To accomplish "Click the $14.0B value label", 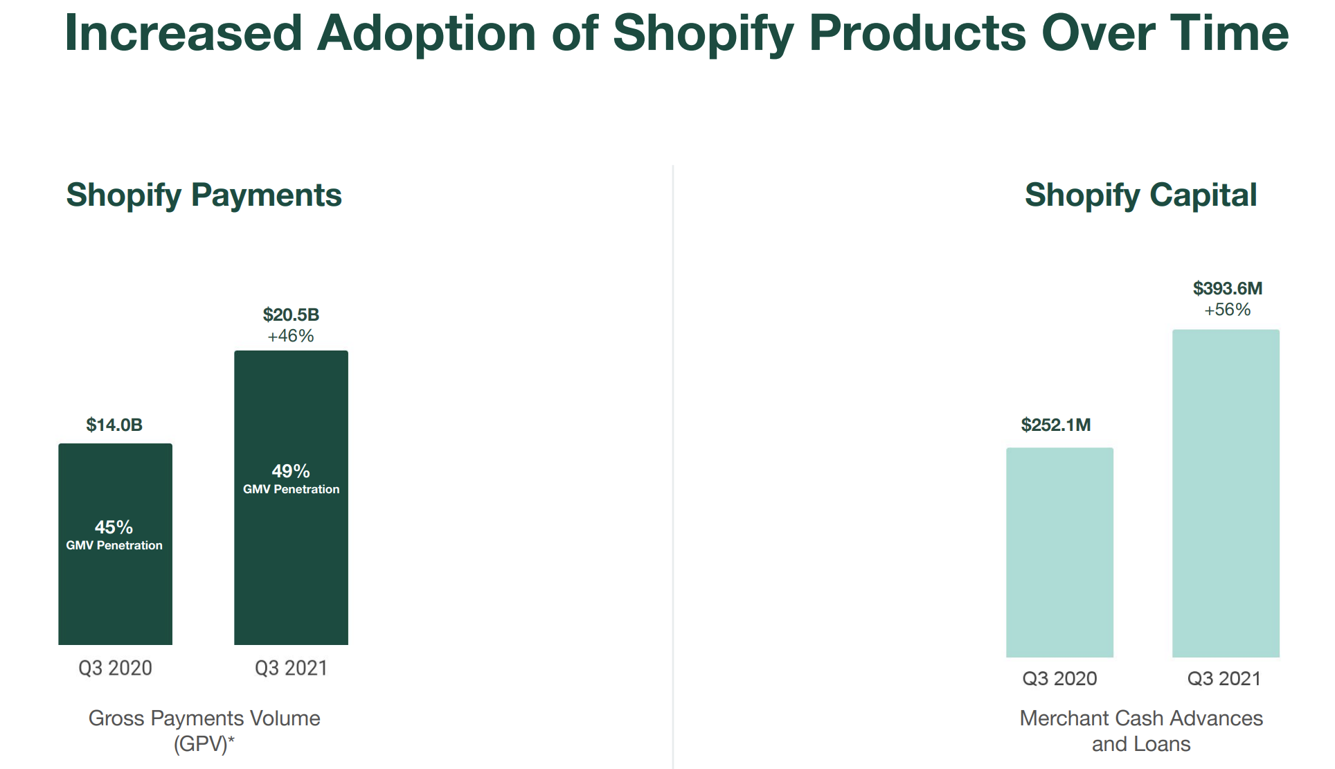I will [x=114, y=425].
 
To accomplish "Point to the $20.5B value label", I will [x=291, y=315].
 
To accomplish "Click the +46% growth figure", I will [x=291, y=336].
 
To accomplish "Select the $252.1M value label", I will [x=1056, y=425].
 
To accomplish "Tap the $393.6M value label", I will [x=1228, y=288].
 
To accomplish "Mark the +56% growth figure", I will [x=1228, y=310].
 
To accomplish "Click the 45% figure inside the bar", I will [x=114, y=527].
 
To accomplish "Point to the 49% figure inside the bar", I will [x=291, y=471].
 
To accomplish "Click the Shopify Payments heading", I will [x=204, y=195].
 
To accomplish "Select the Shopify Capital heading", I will [x=1140, y=195].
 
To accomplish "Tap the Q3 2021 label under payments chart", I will [x=291, y=668].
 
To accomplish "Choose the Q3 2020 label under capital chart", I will [x=1059, y=678].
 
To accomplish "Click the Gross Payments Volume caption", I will [x=204, y=718].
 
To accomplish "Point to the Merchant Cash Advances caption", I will [x=1141, y=718].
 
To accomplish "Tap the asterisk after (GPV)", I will [x=232, y=740].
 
